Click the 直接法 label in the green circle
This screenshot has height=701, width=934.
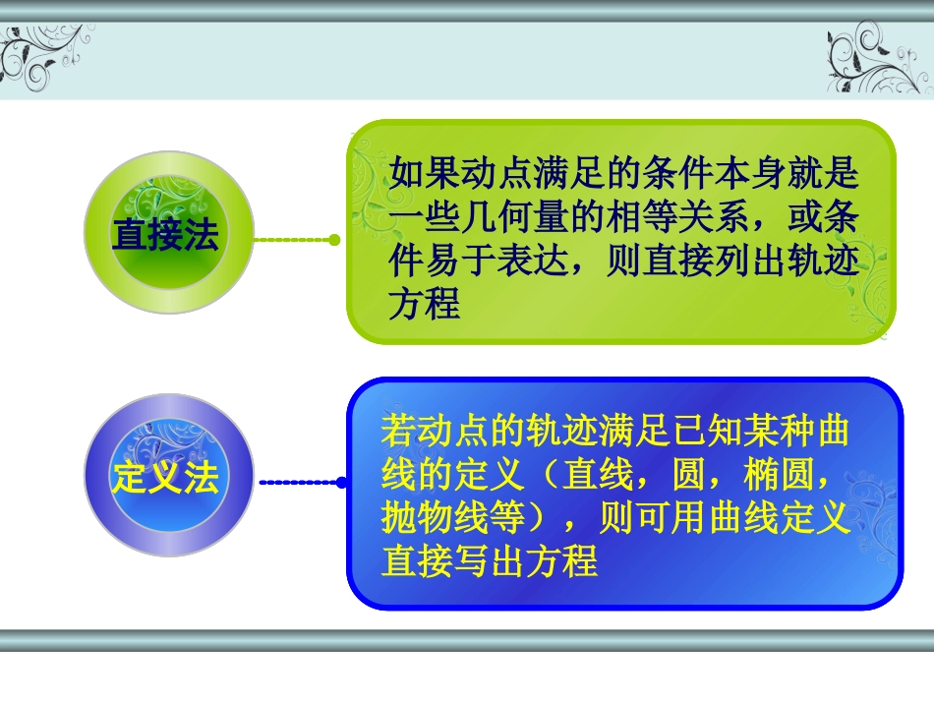point(165,236)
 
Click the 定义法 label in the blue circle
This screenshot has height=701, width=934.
point(165,479)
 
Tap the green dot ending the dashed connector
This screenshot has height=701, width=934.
point(334,239)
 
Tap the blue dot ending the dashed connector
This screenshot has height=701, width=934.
point(341,482)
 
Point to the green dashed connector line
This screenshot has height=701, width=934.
point(292,239)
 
